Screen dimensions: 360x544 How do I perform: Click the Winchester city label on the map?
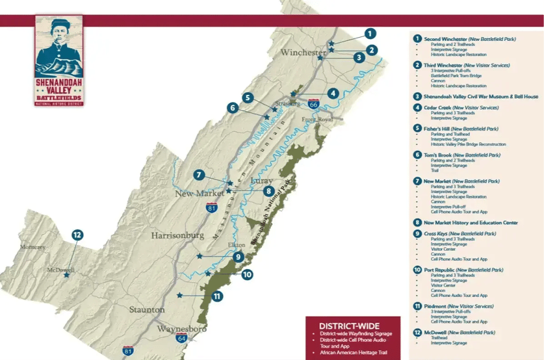pyautogui.click(x=303, y=53)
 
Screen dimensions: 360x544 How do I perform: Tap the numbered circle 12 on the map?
pyautogui.click(x=77, y=235)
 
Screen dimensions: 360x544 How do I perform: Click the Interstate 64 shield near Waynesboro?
pyautogui.click(x=181, y=338)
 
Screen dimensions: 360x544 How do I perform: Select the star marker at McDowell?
pyautogui.click(x=66, y=275)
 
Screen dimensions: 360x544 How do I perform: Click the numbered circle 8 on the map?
pyautogui.click(x=268, y=191)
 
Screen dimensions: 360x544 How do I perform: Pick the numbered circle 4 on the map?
pyautogui.click(x=333, y=93)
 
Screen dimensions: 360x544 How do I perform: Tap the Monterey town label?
pyautogui.click(x=32, y=248)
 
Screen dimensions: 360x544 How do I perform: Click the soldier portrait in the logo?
pyautogui.click(x=58, y=42)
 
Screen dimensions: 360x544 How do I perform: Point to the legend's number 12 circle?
pyautogui.click(x=417, y=332)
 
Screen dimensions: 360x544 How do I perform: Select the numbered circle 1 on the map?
pyautogui.click(x=370, y=33)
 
